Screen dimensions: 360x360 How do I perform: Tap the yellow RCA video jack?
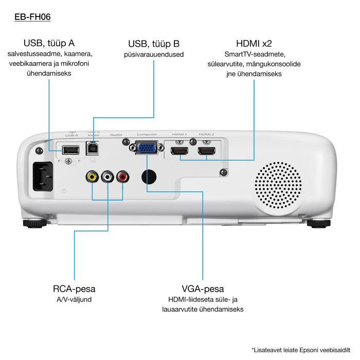click(x=92, y=177)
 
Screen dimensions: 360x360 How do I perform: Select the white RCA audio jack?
click(x=107, y=177)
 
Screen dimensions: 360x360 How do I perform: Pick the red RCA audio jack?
click(x=123, y=177)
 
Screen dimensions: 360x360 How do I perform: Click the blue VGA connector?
click(x=147, y=148)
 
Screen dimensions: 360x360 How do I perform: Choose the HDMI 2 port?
click(x=206, y=151)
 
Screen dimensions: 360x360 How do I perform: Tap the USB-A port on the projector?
click(x=70, y=150)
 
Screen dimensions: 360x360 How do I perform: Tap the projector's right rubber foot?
click(x=319, y=223)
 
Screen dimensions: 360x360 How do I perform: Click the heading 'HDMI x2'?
click(x=254, y=43)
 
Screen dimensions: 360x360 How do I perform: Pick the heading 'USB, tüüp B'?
click(x=154, y=43)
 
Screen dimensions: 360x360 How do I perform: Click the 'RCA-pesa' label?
click(x=74, y=289)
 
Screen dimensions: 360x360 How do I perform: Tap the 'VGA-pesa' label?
click(x=203, y=289)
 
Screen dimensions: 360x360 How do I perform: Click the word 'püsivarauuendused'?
click(x=154, y=55)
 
